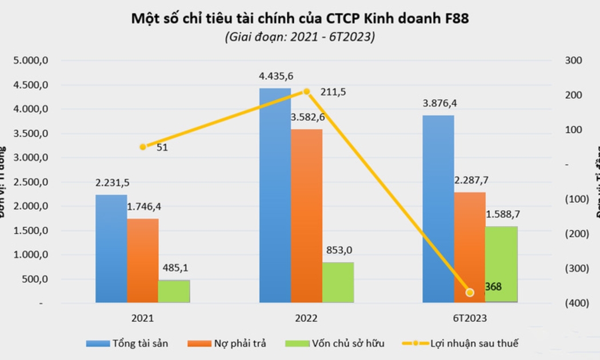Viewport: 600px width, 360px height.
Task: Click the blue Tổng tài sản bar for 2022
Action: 275,194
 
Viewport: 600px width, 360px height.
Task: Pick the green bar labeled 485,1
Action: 174,291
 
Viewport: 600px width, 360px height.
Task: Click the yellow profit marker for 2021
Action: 143,147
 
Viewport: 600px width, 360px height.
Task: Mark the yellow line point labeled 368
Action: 470,293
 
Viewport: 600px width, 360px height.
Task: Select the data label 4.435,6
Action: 276,77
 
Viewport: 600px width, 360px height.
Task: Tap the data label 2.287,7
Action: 471,181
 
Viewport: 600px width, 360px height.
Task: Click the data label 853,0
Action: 339,250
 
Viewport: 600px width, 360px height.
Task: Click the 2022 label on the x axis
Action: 306,318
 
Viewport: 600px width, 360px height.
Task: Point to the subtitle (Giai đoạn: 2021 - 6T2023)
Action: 300,37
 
